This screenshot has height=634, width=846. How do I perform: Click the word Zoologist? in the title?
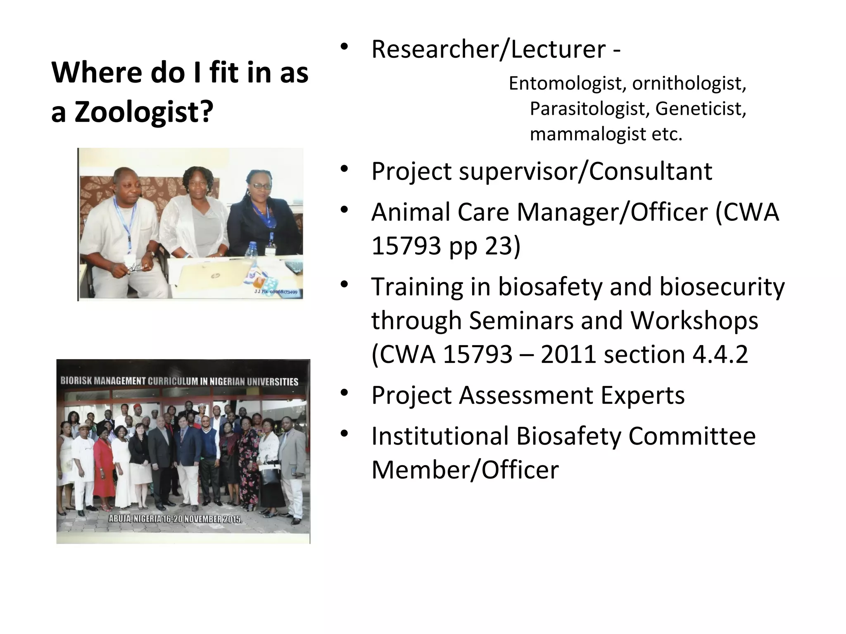tap(144, 112)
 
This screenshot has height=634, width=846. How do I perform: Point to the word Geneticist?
tap(701, 109)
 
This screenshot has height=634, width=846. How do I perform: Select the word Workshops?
tap(694, 320)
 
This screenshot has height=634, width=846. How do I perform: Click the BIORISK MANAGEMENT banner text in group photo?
tap(179, 381)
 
